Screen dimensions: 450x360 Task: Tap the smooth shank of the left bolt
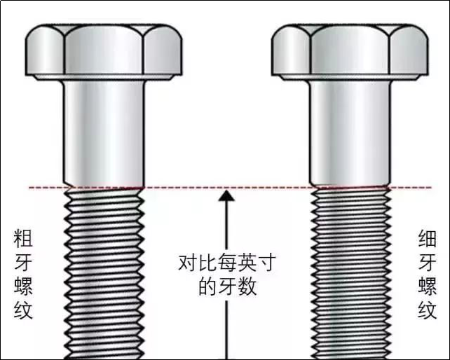click(104, 133)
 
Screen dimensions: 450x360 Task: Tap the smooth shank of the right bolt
click(350, 133)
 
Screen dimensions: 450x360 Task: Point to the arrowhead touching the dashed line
click(226, 195)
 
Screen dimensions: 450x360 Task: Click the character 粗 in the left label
click(23, 238)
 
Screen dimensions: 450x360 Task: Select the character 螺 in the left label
click(23, 286)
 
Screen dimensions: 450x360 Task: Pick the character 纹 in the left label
click(23, 310)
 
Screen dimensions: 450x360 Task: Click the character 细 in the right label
click(427, 238)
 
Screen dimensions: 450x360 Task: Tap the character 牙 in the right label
click(427, 262)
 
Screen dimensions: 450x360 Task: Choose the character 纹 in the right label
click(427, 310)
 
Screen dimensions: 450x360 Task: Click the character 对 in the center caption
click(187, 262)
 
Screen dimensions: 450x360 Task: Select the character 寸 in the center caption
click(266, 262)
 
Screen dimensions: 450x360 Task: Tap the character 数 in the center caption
click(247, 286)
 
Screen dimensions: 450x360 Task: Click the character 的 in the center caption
click(207, 286)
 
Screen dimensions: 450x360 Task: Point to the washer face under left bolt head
click(104, 78)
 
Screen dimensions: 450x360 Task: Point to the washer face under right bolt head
click(350, 78)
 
